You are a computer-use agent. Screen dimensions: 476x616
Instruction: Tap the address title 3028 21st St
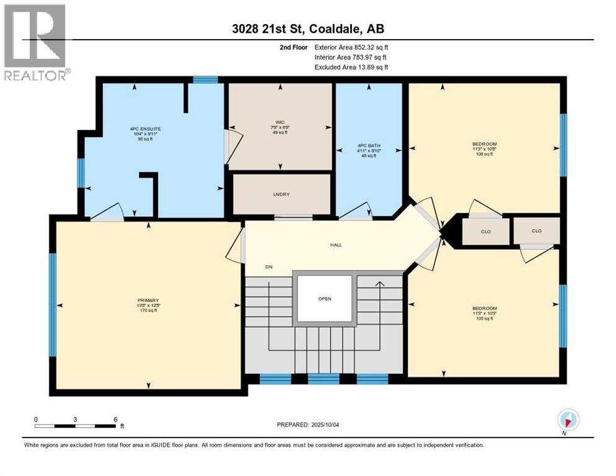pos(308,29)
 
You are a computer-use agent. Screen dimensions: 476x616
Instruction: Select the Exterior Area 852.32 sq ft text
pos(351,47)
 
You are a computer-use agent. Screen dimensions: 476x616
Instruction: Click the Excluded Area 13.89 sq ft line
pos(351,67)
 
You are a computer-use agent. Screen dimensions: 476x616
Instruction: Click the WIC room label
pos(280,122)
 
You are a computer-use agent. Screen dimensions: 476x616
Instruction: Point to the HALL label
pos(336,245)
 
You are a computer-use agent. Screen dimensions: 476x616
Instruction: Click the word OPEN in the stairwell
pos(325,299)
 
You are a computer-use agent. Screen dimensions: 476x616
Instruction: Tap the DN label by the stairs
pos(269,267)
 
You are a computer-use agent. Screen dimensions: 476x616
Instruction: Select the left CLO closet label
pos(486,231)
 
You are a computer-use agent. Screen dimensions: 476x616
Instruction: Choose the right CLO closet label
pos(537,231)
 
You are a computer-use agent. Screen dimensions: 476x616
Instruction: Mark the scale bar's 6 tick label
pos(115,419)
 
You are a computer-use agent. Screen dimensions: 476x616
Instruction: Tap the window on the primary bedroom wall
pos(53,304)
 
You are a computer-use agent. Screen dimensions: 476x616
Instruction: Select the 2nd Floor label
pos(293,47)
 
